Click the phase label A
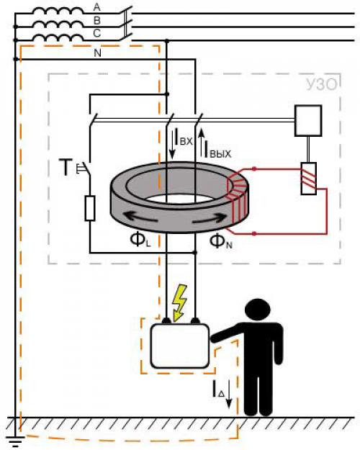pyautogui.click(x=97, y=7)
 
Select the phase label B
pyautogui.click(x=97, y=20)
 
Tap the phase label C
pyautogui.click(x=97, y=33)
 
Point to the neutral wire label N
pyautogui.click(x=98, y=53)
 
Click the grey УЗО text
pyautogui.click(x=321, y=85)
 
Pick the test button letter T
pyautogui.click(x=66, y=167)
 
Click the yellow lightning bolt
pyautogui.click(x=179, y=302)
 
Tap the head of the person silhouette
pyautogui.click(x=258, y=310)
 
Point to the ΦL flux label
pyautogui.click(x=140, y=240)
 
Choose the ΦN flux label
pyautogui.click(x=220, y=241)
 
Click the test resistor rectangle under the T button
pyautogui.click(x=90, y=208)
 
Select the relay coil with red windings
pyautogui.click(x=309, y=179)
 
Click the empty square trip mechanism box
pyautogui.click(x=308, y=120)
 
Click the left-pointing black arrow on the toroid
pyautogui.click(x=140, y=217)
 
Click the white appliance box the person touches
pyautogui.click(x=180, y=346)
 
